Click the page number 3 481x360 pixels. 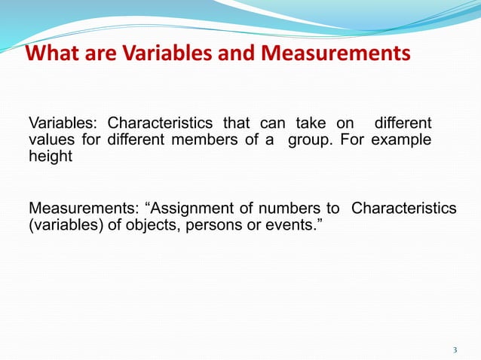[x=455, y=349]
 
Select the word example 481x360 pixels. [x=405, y=141]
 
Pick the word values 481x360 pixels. [x=47, y=141]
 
